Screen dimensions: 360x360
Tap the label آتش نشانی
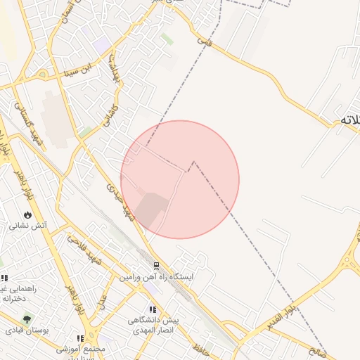point(28,226)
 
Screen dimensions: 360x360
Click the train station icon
point(156,266)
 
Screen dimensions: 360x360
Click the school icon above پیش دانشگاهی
point(152,309)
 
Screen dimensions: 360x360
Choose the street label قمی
point(205,42)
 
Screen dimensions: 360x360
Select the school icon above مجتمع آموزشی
point(89,339)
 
